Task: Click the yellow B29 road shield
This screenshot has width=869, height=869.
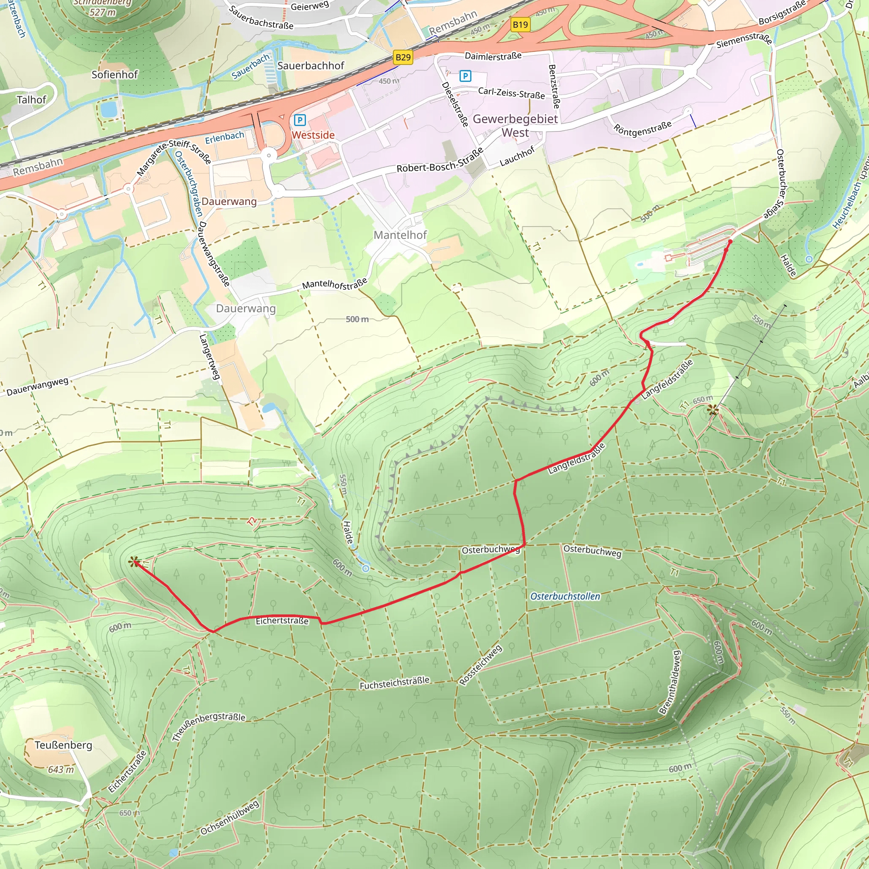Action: pyautogui.click(x=403, y=57)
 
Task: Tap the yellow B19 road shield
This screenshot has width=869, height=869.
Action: pyautogui.click(x=520, y=24)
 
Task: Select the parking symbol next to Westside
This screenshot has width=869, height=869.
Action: pyautogui.click(x=300, y=120)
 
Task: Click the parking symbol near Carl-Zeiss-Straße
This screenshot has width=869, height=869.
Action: pyautogui.click(x=465, y=76)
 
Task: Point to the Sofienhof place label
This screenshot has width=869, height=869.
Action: pyautogui.click(x=114, y=75)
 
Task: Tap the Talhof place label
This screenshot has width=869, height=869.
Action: pyautogui.click(x=31, y=100)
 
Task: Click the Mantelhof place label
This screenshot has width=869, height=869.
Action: pyautogui.click(x=400, y=235)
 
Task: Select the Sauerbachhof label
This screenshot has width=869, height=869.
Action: pyautogui.click(x=310, y=66)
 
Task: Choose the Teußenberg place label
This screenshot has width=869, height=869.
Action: pyautogui.click(x=63, y=745)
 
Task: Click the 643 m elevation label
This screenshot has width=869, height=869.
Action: pyautogui.click(x=61, y=770)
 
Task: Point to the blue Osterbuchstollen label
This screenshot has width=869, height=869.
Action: pyautogui.click(x=565, y=597)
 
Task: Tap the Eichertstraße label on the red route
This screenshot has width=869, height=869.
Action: pyautogui.click(x=282, y=621)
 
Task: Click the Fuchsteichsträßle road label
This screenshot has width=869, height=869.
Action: pyautogui.click(x=394, y=683)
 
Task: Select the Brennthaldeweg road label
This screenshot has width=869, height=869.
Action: pyautogui.click(x=670, y=682)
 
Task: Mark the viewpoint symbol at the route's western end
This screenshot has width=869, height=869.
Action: pyautogui.click(x=133, y=562)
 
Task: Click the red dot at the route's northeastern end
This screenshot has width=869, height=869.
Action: pyautogui.click(x=730, y=242)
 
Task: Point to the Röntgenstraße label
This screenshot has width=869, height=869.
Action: pyautogui.click(x=642, y=127)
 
